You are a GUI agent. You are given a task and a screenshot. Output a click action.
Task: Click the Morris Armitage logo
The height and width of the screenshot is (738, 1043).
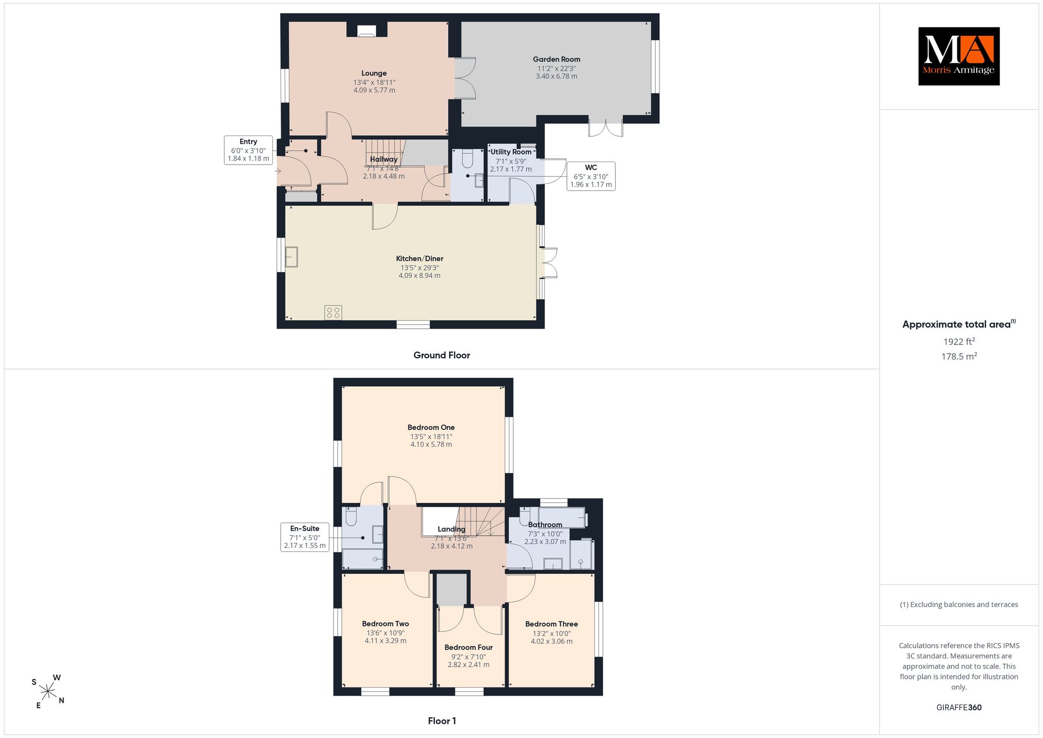click(958, 56)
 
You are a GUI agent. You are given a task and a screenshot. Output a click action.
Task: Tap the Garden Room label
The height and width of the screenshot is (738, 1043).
click(557, 59)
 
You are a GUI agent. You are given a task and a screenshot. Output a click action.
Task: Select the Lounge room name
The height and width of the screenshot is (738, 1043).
click(374, 73)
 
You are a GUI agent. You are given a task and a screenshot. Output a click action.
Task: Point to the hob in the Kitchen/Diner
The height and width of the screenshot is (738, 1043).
click(334, 312)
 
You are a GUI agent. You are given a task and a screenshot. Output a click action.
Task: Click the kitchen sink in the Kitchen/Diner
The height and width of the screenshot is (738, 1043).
click(292, 257)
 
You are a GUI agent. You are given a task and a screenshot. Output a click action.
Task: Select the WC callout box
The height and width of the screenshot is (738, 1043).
click(591, 176)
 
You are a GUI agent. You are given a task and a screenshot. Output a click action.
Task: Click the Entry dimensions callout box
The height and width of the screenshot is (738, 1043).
click(249, 150)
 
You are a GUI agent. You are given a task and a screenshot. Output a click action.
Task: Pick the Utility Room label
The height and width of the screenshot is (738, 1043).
click(511, 152)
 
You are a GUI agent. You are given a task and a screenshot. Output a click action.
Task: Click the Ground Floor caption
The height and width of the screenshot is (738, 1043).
click(442, 355)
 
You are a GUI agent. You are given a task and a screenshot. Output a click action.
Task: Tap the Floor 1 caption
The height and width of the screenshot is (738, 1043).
click(442, 721)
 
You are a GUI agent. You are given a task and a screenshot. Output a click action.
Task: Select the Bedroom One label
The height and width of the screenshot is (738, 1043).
click(431, 428)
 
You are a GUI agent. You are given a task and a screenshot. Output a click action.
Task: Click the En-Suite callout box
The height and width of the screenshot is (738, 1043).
click(305, 537)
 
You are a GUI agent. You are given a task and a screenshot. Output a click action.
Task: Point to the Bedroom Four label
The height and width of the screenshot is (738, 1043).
click(469, 648)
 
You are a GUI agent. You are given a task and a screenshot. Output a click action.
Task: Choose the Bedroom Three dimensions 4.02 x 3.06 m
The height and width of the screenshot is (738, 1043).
click(552, 641)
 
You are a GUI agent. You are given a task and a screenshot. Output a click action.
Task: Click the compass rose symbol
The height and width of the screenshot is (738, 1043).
click(48, 692)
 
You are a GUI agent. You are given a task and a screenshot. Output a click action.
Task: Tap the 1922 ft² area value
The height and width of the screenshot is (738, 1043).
click(959, 341)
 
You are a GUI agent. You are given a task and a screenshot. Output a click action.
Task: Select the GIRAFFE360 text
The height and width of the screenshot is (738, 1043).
click(959, 707)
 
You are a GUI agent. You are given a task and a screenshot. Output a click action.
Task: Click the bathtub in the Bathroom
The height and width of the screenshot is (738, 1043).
click(562, 517)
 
